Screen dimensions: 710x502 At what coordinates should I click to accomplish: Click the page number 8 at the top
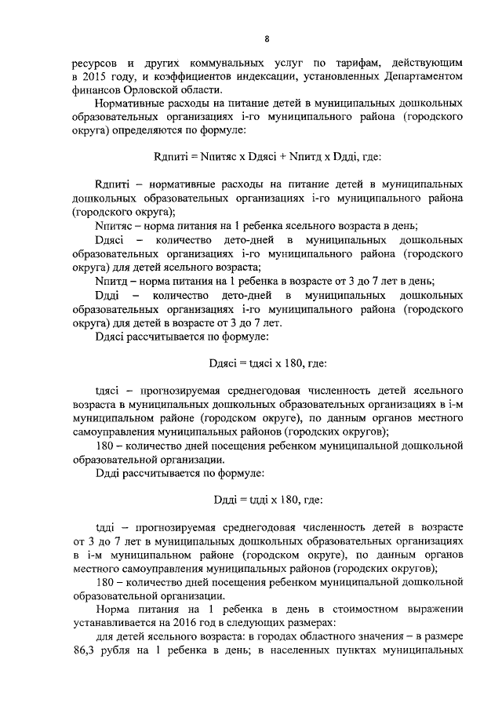tap(267, 38)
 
